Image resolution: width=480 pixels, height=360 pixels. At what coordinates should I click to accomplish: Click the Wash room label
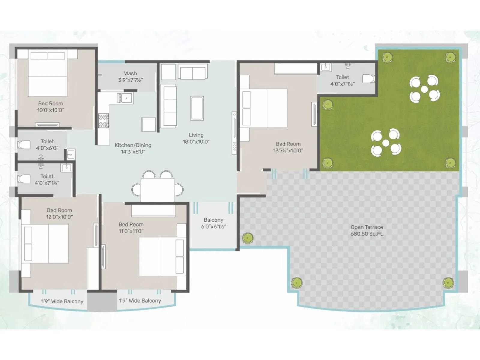[130, 73]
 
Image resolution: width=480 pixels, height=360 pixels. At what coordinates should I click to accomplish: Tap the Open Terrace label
[367, 227]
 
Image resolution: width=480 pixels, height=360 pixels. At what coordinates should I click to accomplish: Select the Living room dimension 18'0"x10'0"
[196, 142]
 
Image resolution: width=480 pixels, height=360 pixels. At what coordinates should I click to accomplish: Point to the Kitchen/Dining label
[133, 145]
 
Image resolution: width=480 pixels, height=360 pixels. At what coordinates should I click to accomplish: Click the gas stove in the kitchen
[103, 121]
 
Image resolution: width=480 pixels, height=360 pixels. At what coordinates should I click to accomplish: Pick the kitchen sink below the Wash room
[125, 98]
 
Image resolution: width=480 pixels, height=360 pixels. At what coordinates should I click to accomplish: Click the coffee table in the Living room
[197, 108]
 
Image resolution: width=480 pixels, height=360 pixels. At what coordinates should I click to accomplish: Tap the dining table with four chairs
[157, 190]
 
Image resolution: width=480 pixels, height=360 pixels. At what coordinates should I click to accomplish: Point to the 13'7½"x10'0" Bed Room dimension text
[288, 151]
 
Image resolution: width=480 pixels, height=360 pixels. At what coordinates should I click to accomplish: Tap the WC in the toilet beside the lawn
[368, 79]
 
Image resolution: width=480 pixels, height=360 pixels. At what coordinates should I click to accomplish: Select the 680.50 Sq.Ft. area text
[367, 234]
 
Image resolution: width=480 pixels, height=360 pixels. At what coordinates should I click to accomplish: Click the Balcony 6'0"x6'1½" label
[213, 223]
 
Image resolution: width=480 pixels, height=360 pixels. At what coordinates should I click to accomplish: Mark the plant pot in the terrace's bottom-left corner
[297, 282]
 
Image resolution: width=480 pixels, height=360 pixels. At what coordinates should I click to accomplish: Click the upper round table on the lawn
[424, 89]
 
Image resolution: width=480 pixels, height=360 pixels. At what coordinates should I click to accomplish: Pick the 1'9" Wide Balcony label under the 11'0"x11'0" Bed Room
[140, 301]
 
